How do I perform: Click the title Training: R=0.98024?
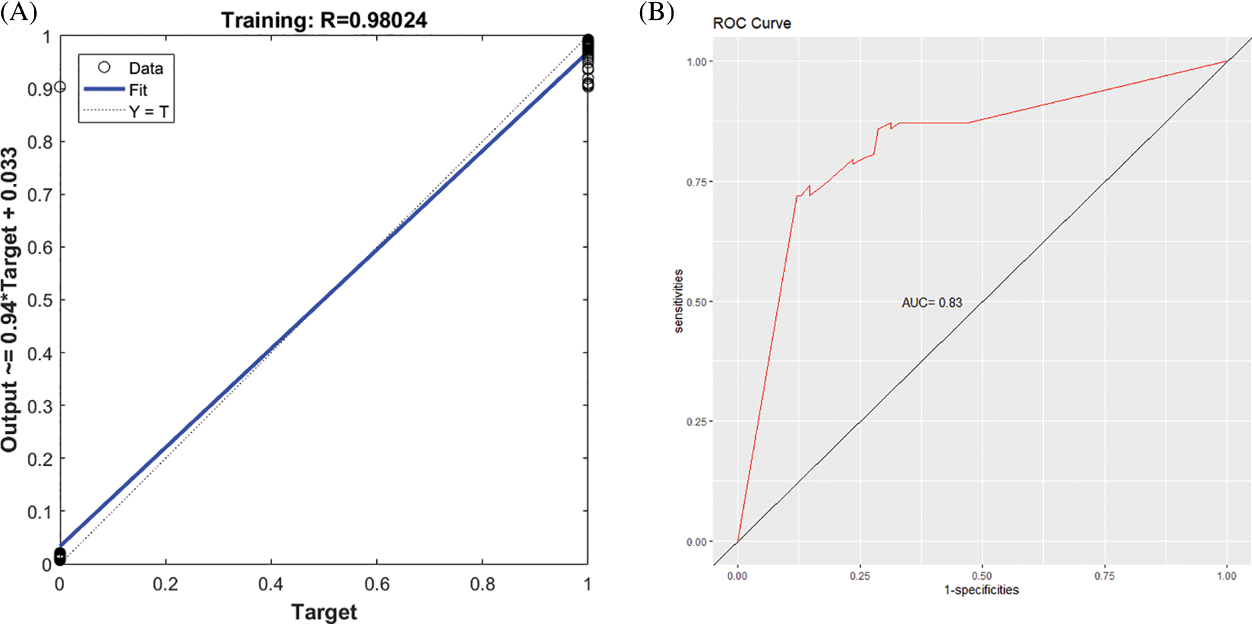[324, 20]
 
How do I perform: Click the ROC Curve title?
[751, 24]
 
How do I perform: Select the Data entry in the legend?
[145, 69]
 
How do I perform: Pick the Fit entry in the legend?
[138, 90]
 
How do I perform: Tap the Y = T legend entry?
[149, 112]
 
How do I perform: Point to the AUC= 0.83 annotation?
[931, 302]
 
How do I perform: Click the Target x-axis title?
[324, 611]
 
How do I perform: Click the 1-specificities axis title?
[981, 590]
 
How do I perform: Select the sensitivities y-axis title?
[678, 301]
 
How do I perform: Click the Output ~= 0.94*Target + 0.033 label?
[9, 300]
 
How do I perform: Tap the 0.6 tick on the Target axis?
[376, 584]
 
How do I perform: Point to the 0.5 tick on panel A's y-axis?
[40, 300]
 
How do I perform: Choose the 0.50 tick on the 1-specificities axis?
[981, 576]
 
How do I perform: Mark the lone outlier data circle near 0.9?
[59, 87]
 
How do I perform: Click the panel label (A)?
[18, 12]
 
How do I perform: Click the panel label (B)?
[656, 12]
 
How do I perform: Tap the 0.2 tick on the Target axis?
[165, 584]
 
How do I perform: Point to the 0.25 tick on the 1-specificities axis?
[859, 576]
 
